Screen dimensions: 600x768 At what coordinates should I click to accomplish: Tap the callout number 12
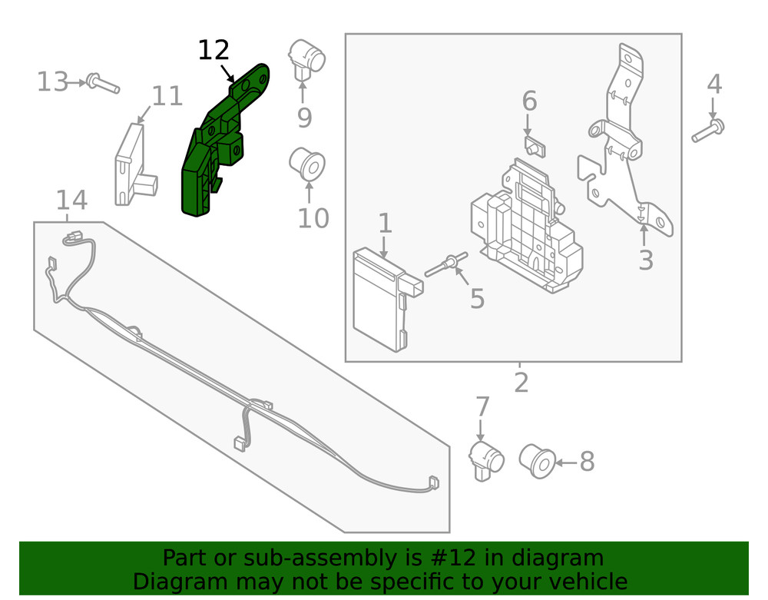click(x=214, y=51)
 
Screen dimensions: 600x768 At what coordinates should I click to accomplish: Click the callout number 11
click(x=167, y=97)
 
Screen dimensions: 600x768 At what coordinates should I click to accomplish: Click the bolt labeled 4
click(x=708, y=131)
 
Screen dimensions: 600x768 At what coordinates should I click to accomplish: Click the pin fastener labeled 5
click(x=446, y=266)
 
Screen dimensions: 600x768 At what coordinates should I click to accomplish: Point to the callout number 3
click(x=646, y=261)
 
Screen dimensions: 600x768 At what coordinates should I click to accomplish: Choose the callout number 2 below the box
click(x=521, y=382)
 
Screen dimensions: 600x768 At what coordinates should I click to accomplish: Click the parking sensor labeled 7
click(x=485, y=459)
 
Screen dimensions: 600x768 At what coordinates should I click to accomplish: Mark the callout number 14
click(x=71, y=201)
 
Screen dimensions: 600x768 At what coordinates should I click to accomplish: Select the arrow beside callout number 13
click(x=78, y=81)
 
